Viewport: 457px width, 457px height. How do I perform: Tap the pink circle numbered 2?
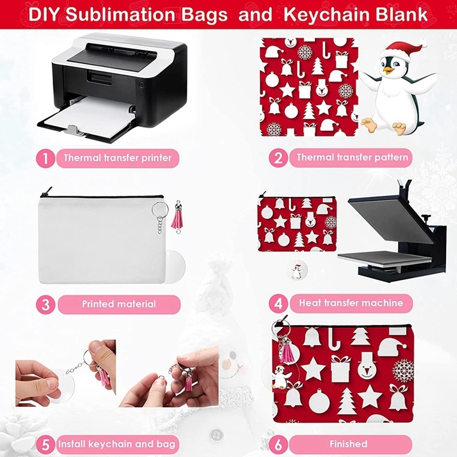pos(278,158)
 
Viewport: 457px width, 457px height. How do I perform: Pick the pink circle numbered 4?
pos(278,303)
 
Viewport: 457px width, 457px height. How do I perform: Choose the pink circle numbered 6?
pos(278,444)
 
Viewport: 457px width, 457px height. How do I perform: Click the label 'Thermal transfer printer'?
pos(118,158)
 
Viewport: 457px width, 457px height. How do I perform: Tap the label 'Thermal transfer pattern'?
pos(352,157)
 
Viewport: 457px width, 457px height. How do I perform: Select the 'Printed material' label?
pos(118,304)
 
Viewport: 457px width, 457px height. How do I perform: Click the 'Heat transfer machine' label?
pos(351,303)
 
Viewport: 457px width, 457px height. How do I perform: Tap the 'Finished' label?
pos(348,444)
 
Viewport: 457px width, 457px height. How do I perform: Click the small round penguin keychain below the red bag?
pos(296,270)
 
